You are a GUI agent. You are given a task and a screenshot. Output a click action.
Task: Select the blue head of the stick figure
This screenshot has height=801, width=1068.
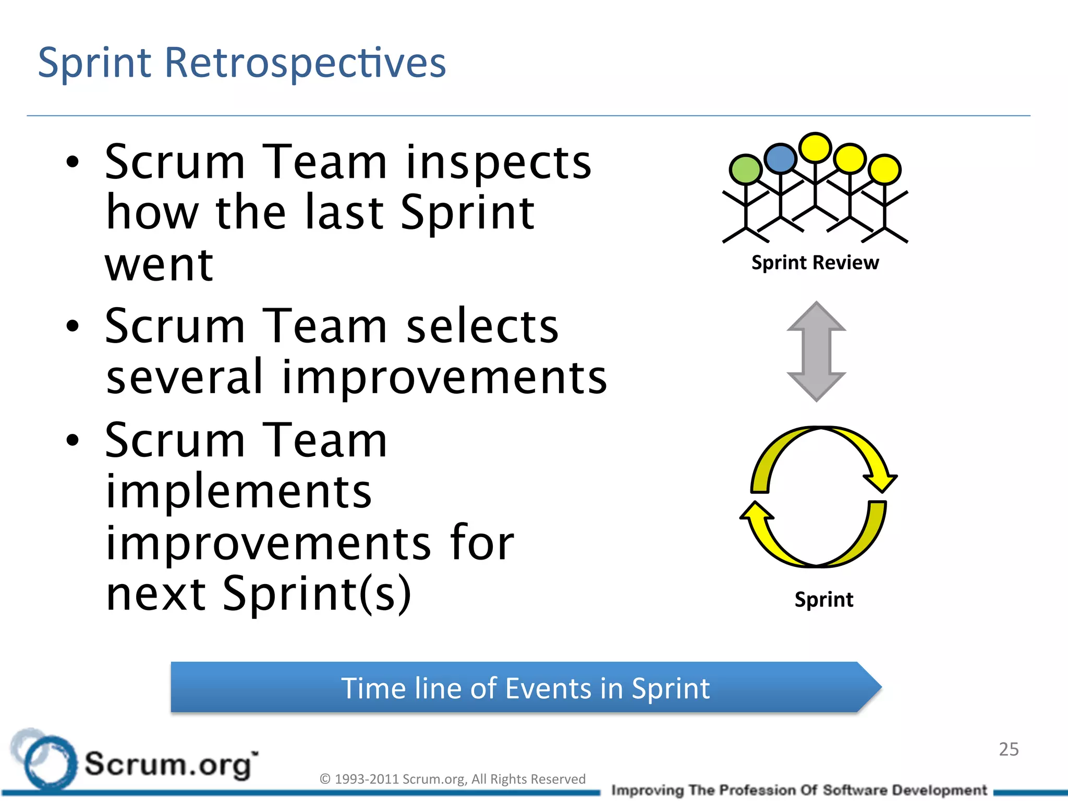780,158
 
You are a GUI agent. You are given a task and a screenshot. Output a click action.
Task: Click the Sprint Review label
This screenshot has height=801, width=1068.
815,262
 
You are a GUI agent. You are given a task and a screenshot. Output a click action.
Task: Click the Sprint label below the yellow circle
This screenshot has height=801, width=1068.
824,599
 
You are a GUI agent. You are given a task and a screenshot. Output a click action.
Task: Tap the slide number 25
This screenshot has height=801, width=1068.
1009,749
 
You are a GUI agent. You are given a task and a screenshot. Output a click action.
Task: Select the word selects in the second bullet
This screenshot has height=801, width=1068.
482,326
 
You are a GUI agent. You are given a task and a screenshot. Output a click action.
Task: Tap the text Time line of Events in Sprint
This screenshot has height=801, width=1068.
525,688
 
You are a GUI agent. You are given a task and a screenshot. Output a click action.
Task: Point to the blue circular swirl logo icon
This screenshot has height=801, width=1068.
46,762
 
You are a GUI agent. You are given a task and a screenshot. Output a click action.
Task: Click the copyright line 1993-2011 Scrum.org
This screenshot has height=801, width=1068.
452,779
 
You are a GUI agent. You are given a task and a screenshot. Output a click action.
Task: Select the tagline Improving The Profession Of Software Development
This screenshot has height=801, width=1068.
799,791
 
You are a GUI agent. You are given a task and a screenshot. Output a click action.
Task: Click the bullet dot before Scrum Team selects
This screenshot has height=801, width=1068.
72,326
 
